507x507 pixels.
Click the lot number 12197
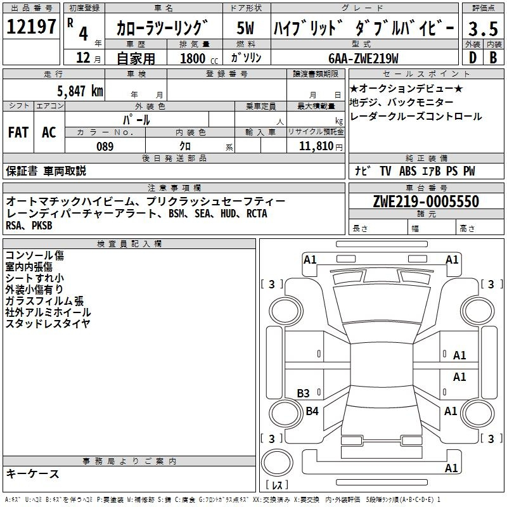tap(31, 26)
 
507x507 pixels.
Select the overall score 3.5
tap(483, 29)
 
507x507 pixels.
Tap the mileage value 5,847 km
tap(80, 91)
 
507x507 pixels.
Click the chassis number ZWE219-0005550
tap(426, 201)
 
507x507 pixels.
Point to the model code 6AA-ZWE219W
tap(363, 58)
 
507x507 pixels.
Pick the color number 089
tap(105, 146)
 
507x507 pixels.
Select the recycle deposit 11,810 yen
tap(321, 146)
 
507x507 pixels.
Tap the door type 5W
tap(245, 28)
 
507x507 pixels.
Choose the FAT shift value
tap(18, 132)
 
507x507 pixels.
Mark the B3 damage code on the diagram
tap(303, 393)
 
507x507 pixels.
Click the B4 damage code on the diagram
tap(312, 411)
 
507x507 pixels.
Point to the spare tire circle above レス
tap(277, 463)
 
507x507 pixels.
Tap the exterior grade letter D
tap(473, 58)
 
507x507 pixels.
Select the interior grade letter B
tap(493, 58)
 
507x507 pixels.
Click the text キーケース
tap(32, 473)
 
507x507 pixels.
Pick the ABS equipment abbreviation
tap(408, 171)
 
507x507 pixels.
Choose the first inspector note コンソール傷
tap(35, 255)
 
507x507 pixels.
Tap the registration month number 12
tap(83, 58)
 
